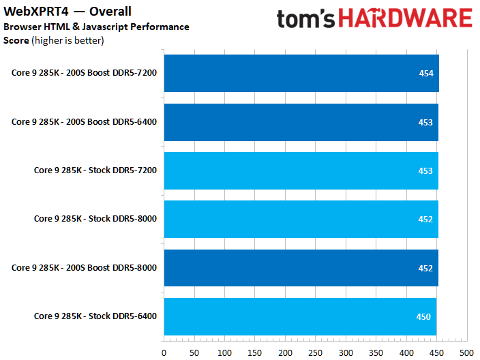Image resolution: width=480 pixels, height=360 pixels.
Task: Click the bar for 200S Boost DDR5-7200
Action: (x=300, y=73)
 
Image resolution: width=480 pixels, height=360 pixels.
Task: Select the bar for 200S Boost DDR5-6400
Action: (x=300, y=122)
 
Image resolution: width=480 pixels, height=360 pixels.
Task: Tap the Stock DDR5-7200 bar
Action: (x=300, y=170)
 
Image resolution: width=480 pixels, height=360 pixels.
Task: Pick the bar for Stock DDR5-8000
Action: (x=300, y=219)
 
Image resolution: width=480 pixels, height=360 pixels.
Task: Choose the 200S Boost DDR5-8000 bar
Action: (x=300, y=268)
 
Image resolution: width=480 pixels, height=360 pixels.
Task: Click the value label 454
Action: (x=425, y=74)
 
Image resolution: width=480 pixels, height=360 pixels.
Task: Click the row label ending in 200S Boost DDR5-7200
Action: (x=84, y=73)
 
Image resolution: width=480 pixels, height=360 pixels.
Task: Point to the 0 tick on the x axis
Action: (x=164, y=352)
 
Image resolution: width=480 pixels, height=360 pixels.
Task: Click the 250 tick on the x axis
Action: (x=315, y=352)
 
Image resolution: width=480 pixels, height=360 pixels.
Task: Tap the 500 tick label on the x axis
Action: (x=466, y=352)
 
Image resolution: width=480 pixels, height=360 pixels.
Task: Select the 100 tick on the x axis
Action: (x=224, y=352)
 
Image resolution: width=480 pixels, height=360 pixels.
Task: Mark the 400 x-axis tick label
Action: (x=406, y=352)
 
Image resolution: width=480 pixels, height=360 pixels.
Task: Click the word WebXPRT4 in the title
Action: (x=31, y=12)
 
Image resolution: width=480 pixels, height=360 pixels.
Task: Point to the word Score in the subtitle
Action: (x=16, y=40)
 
